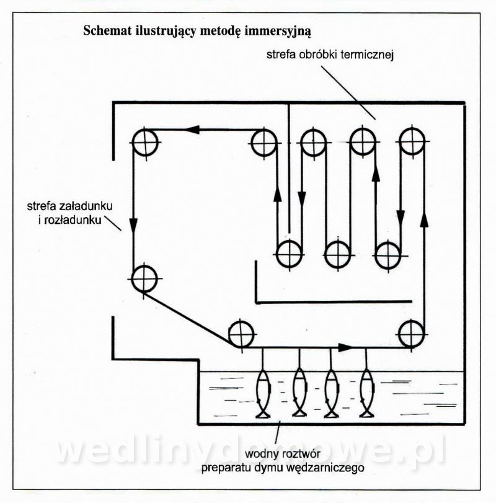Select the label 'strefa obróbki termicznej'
click(330, 55)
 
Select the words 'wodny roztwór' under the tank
click(283, 454)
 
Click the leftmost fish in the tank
click(263, 394)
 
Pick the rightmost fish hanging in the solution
click(366, 394)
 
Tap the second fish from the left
click(300, 394)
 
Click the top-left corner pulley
click(144, 141)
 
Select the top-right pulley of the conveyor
click(412, 141)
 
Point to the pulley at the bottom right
click(411, 334)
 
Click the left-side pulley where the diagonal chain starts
click(144, 278)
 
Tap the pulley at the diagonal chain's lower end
click(241, 334)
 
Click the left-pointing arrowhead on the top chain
click(192, 130)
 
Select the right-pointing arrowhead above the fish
click(345, 347)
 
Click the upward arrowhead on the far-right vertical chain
click(424, 220)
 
